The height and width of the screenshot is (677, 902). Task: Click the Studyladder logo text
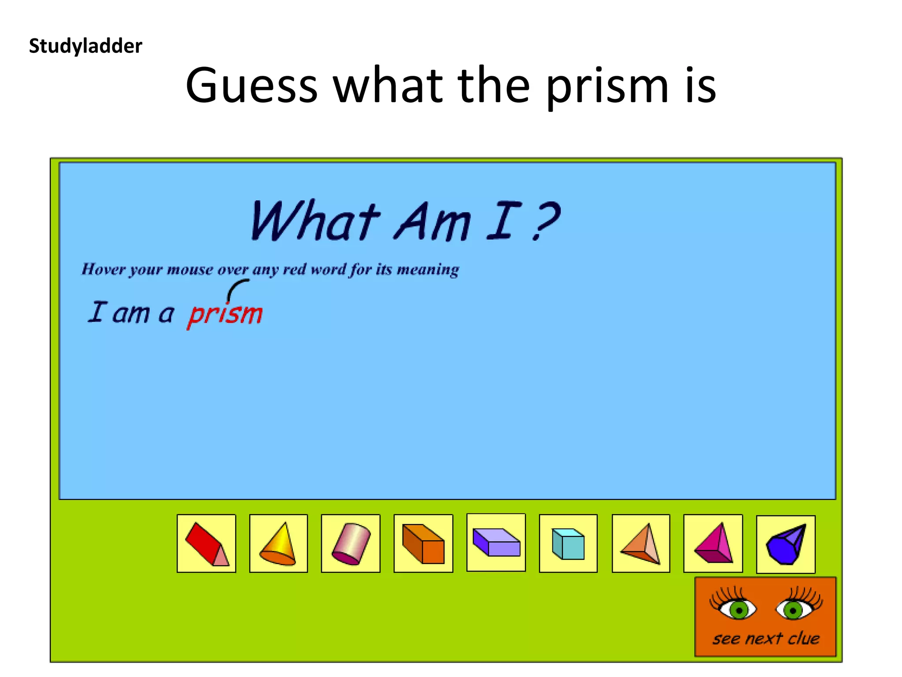coord(85,46)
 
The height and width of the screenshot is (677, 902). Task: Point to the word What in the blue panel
coord(314,220)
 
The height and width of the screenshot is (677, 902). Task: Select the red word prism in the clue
coord(225,314)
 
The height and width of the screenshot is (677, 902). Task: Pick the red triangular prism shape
coord(206,543)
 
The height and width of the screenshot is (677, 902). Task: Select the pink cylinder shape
coord(351,543)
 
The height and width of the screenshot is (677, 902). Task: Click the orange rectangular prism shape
coord(423,543)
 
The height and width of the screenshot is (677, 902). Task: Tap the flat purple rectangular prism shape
coord(496,542)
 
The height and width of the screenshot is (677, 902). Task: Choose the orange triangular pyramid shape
coord(641,543)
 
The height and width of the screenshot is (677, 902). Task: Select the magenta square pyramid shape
coord(713,543)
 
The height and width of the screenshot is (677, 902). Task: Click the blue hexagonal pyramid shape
coord(786,544)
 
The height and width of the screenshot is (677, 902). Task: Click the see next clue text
coord(766,638)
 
